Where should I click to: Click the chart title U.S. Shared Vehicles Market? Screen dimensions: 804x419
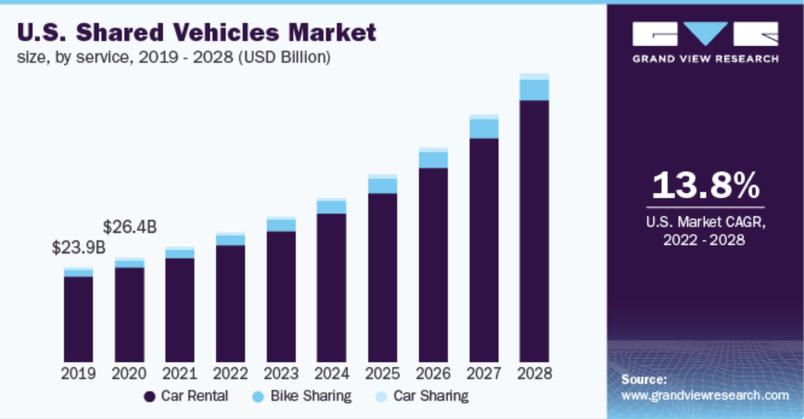point(197,32)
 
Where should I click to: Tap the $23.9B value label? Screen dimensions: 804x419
point(79,248)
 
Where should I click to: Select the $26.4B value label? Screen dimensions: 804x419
point(129,227)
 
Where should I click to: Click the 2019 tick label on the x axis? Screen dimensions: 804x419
point(79,373)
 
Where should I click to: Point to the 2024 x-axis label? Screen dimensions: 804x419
point(332,373)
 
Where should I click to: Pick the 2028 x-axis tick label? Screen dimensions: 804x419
point(535,373)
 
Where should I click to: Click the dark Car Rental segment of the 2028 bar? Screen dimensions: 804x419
point(534,231)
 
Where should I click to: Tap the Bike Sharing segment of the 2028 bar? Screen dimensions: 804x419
point(534,90)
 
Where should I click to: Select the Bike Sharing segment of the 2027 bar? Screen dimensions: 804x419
point(484,129)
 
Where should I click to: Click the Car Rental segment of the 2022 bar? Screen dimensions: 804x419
point(231,304)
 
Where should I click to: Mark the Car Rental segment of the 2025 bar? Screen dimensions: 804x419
point(383,278)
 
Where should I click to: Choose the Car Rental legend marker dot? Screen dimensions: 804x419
point(149,397)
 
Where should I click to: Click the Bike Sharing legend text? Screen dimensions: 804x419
point(311,396)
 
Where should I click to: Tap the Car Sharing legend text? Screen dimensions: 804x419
point(431,396)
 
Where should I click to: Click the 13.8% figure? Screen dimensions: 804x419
point(705,185)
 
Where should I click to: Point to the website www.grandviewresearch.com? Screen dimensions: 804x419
point(705,395)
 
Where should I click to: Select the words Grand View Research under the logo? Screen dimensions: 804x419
point(705,59)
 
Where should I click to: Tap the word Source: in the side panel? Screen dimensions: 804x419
point(644,379)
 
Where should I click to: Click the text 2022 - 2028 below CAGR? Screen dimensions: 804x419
point(704,240)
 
